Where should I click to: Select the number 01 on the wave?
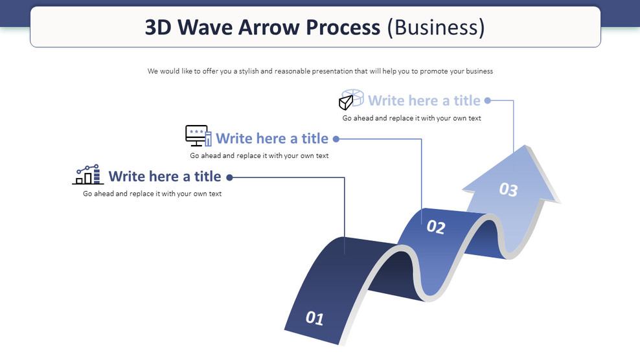coord(314,318)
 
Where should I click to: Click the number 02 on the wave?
coord(436,227)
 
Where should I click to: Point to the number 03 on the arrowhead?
coord(509,189)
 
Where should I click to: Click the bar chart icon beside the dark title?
coord(87,175)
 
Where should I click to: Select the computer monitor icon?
coord(198,135)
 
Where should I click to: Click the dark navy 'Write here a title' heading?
coord(165,176)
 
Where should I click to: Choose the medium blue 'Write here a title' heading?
coord(271,138)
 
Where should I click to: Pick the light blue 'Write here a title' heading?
coord(424,100)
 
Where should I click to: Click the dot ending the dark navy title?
coord(229,177)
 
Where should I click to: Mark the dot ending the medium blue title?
coord(336,139)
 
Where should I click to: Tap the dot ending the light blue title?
coord(488,100)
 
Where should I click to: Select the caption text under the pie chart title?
coord(411,118)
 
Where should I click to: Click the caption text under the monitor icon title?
coord(259,155)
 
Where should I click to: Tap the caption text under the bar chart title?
coord(152,194)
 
